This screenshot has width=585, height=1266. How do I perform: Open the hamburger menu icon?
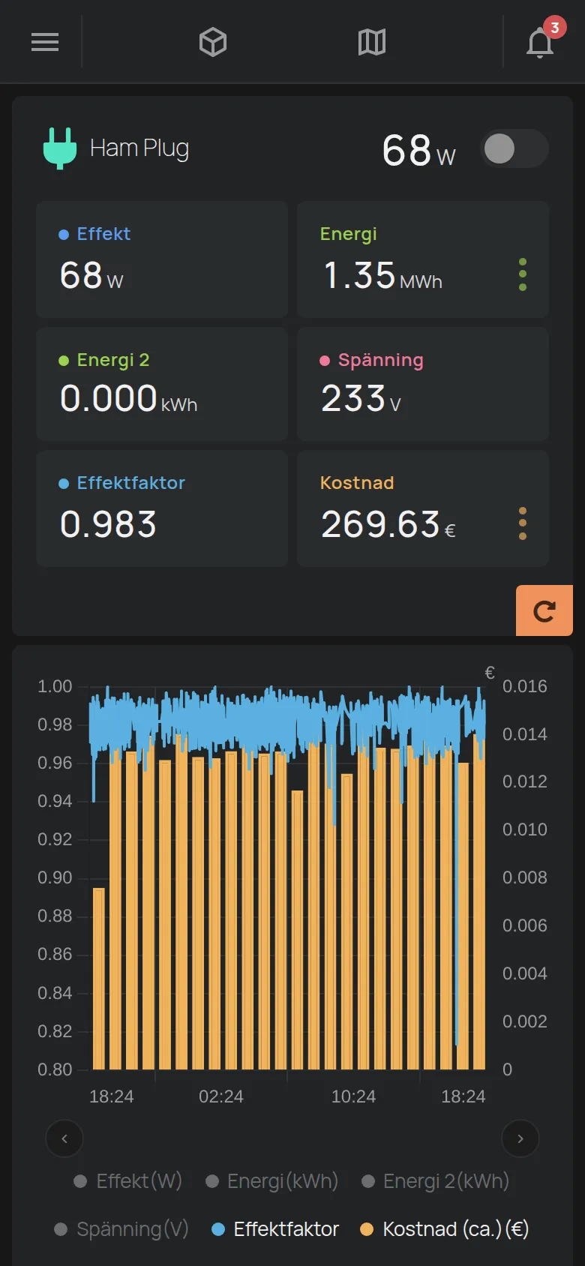tap(45, 42)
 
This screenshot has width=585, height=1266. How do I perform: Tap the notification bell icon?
tap(540, 43)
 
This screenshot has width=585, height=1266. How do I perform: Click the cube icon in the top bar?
tap(213, 43)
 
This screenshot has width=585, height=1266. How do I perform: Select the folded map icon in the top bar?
tap(372, 43)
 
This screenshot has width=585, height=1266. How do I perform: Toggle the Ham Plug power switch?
tap(514, 148)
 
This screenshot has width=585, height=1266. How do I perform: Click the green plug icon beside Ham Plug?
tap(60, 148)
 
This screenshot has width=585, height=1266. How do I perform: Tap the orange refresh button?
tap(544, 610)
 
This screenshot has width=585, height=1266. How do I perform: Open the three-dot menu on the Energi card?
tap(523, 274)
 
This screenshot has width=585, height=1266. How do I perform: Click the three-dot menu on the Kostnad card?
tap(523, 523)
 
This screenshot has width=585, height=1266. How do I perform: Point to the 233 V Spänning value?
tap(361, 398)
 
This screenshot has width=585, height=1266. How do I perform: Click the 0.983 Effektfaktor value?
tap(108, 524)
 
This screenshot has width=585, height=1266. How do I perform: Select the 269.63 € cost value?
tap(388, 524)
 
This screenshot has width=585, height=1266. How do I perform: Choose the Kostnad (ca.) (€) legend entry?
tap(445, 1228)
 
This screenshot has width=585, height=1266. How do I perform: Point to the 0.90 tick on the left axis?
tap(55, 877)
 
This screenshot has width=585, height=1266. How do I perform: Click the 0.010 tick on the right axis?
tap(524, 829)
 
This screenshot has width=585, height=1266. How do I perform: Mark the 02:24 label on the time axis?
tap(221, 1096)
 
